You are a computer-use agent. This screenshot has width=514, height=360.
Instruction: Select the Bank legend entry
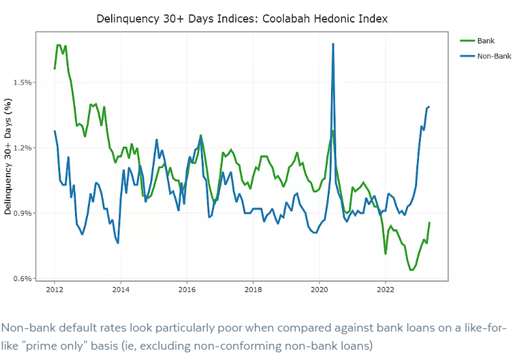click(486, 41)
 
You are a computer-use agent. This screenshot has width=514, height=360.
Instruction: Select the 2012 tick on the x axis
click(54, 290)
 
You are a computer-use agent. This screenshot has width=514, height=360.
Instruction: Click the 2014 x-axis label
click(121, 290)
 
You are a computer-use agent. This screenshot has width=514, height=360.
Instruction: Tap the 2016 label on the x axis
click(187, 290)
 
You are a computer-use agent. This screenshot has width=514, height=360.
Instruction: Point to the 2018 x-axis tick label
click(253, 290)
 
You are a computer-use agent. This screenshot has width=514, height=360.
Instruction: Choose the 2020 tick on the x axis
click(319, 290)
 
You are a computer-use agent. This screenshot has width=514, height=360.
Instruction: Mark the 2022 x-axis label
click(386, 290)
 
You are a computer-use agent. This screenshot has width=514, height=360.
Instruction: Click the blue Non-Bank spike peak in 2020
click(333, 44)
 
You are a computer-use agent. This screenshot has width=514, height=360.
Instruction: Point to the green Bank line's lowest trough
click(411, 270)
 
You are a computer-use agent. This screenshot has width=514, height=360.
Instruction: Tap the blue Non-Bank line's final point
click(429, 107)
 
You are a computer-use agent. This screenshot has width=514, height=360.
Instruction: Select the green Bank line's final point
click(429, 222)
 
